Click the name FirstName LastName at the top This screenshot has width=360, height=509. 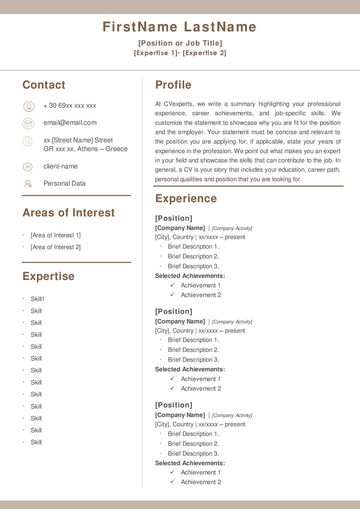[x=179, y=27]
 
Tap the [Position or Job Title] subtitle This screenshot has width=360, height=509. [x=180, y=43]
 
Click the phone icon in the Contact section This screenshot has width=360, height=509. [x=29, y=106]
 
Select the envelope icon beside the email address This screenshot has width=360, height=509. [x=28, y=124]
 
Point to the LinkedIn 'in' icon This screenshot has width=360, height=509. [x=28, y=167]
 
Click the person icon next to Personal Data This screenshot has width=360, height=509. [x=28, y=184]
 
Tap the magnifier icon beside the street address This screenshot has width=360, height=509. [x=28, y=141]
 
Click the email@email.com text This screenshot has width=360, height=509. [x=70, y=123]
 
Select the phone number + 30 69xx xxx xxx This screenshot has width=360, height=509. [x=70, y=106]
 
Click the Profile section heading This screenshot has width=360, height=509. [x=173, y=85]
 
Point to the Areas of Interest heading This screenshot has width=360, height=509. [x=69, y=213]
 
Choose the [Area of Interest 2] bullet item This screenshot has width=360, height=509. [x=56, y=247]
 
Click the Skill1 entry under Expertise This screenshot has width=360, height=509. [x=38, y=299]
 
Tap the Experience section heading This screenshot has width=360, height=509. [x=186, y=199]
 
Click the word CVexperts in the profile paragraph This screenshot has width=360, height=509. [x=179, y=104]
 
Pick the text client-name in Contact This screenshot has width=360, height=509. [x=60, y=166]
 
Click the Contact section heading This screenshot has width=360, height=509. [x=44, y=85]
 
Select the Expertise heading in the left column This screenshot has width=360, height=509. [x=49, y=276]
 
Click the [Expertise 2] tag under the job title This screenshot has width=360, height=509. [x=204, y=53]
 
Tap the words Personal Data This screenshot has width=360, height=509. [x=65, y=184]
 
